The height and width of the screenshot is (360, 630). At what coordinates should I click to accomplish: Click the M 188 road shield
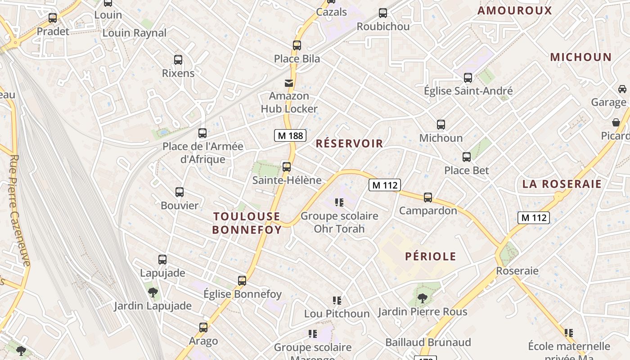290,135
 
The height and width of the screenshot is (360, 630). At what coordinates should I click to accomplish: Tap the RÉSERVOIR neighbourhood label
349,144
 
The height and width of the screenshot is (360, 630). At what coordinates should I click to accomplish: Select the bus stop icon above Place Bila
297,45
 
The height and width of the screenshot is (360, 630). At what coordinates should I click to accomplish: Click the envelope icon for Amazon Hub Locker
288,83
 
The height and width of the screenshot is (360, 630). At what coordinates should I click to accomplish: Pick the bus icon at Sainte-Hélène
287,167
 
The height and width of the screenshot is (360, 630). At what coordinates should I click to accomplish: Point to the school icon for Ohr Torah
339,202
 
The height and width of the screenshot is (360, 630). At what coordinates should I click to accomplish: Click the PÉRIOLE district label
431,256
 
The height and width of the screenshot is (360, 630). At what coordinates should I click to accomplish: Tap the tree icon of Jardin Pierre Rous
422,297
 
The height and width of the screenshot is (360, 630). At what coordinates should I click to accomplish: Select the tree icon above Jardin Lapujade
153,292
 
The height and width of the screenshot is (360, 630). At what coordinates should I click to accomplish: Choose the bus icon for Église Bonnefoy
242,281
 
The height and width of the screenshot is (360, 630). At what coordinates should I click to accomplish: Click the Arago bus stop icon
203,327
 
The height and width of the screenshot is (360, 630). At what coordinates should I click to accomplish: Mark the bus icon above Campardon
428,197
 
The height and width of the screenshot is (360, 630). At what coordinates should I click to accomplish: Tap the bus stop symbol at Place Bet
467,157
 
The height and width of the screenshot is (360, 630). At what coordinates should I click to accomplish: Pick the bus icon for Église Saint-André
468,78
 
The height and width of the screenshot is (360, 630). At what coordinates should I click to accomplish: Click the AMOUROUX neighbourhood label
514,11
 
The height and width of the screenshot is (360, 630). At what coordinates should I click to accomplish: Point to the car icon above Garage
622,89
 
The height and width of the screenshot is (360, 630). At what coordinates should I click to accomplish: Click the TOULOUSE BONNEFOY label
247,223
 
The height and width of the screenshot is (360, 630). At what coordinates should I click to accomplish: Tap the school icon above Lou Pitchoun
337,300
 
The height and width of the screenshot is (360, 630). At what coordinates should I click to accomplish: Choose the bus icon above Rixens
178,60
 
